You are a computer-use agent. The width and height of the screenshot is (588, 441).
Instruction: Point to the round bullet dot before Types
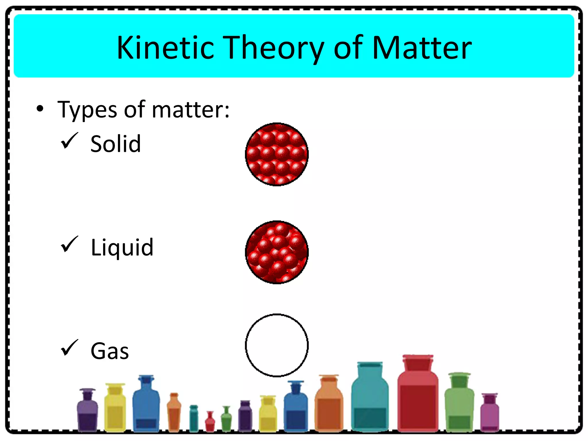[x=40, y=109]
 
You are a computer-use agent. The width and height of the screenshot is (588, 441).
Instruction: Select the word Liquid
[x=122, y=247]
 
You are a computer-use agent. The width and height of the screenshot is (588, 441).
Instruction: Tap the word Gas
[x=110, y=351]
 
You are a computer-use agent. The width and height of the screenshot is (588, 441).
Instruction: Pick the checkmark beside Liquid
[x=69, y=244]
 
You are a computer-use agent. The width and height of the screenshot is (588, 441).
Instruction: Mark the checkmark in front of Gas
[x=69, y=348]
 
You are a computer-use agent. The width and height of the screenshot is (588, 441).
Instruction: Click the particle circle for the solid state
[x=277, y=154]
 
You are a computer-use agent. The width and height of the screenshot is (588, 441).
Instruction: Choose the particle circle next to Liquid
[x=277, y=252]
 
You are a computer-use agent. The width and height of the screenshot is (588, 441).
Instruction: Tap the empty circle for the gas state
[x=277, y=345]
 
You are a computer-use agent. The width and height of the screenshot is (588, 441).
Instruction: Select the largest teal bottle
[x=370, y=401]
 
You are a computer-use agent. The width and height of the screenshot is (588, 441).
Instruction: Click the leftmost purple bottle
[x=87, y=412]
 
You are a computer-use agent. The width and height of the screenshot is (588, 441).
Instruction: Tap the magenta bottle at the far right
[x=490, y=413]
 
